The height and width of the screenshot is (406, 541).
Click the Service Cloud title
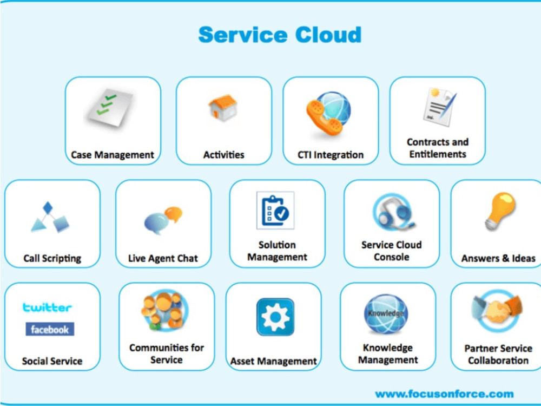(280, 35)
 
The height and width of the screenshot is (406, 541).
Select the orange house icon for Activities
(223, 108)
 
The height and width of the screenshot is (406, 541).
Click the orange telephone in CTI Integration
(324, 119)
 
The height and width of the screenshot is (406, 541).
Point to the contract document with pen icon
(439, 107)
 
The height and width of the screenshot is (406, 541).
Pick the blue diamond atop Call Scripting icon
(48, 208)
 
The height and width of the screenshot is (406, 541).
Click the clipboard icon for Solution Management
(275, 210)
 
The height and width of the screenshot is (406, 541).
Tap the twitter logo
(47, 307)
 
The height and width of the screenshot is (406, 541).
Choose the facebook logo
(50, 329)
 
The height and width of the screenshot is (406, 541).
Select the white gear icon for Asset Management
(275, 317)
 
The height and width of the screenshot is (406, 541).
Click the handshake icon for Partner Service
(497, 310)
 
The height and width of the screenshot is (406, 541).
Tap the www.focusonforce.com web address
(444, 394)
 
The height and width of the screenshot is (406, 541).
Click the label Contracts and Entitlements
(438, 148)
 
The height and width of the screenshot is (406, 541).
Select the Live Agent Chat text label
(163, 258)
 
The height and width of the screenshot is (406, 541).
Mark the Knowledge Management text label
(388, 354)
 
